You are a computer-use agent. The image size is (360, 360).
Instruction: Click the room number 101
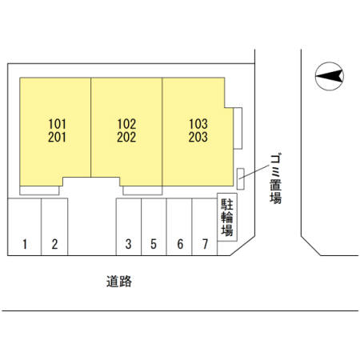57,124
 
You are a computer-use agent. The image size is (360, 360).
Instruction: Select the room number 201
57,137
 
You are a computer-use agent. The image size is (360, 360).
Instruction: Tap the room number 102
126,124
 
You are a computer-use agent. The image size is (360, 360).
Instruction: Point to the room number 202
126,137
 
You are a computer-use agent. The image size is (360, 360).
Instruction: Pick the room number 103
198,124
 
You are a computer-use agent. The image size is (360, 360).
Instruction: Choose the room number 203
198,137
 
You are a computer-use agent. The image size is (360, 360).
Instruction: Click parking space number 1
25,244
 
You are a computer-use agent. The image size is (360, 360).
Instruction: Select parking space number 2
54,244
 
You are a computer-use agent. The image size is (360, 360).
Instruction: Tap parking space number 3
128,244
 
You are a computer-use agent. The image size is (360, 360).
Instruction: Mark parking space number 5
154,244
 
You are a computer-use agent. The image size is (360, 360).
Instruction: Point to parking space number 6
180,244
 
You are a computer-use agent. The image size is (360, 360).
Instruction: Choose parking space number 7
205,244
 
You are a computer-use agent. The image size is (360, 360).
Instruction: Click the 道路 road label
119,282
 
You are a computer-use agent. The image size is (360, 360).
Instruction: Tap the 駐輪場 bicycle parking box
227,218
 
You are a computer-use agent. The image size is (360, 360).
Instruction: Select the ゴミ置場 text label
275,179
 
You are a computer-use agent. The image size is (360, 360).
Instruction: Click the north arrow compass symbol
330,76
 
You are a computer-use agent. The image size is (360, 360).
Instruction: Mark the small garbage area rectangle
241,179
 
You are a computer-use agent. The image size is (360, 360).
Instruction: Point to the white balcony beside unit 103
238,128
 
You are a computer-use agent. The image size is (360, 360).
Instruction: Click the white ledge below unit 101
39,190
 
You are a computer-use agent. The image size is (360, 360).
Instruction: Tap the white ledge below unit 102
142,190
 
